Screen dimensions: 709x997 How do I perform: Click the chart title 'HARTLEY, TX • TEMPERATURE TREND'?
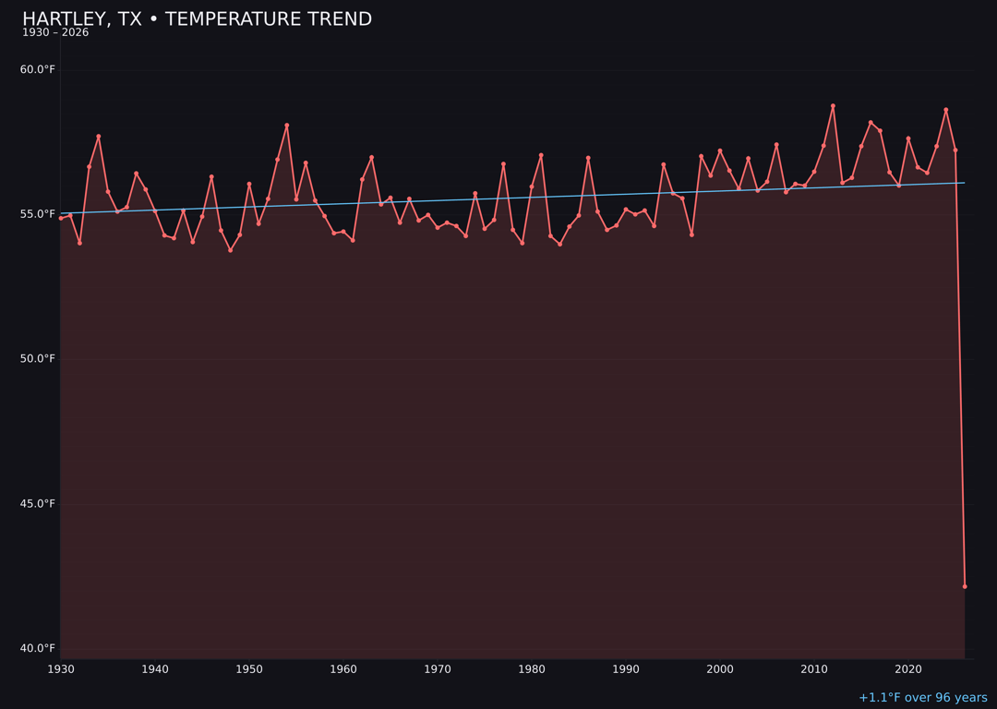point(197,19)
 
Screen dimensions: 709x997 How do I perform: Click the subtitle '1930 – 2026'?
point(55,33)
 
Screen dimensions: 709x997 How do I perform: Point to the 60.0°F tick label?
point(38,70)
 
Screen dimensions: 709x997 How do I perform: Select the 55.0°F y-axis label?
point(38,214)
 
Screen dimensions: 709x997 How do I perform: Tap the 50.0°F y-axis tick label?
point(38,359)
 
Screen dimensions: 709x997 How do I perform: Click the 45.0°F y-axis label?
point(38,504)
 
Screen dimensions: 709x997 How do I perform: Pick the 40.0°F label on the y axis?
point(38,648)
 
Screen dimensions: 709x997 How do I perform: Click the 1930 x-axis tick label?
point(61,669)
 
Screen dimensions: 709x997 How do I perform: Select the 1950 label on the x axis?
point(249,669)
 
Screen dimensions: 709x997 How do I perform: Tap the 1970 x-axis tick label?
point(438,669)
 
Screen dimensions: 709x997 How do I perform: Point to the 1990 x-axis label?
point(626,669)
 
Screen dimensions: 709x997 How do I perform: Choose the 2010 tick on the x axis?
point(814,669)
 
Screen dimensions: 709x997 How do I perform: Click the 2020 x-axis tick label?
point(908,669)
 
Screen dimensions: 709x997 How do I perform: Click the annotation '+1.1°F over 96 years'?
point(922,698)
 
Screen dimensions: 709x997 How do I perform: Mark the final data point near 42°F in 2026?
point(965,586)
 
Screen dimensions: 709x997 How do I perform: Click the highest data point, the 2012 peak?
point(833,106)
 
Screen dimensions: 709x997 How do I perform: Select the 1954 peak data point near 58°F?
point(287,126)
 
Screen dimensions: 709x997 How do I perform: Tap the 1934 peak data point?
point(99,137)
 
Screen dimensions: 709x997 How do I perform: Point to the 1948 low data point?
point(230,250)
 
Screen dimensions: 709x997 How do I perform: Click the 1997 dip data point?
point(691,234)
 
